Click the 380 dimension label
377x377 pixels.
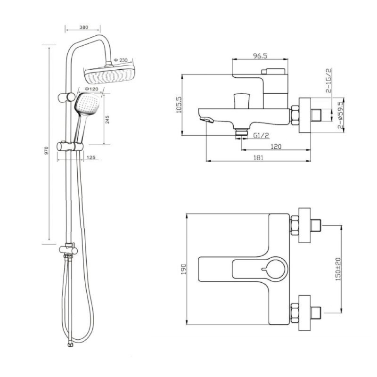point(84,27)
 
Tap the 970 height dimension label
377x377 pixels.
point(46,150)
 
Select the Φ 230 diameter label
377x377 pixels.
point(121,60)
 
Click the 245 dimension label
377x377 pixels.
point(107,120)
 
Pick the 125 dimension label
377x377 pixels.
point(91,157)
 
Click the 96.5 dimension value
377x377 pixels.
point(260,56)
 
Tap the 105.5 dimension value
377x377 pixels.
point(179,105)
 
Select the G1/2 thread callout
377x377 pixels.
point(261,135)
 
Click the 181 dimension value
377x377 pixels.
point(258,158)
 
